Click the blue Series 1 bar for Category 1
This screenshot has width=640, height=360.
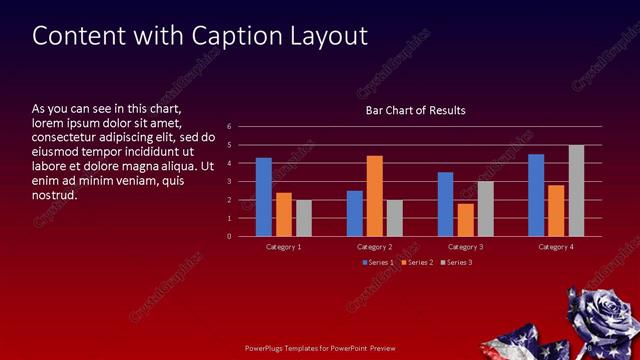tap(263, 197)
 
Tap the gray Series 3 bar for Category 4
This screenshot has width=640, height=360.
tap(576, 191)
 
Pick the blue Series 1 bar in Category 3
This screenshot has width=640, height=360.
tap(445, 204)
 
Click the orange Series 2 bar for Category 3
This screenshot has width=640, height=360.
tap(465, 220)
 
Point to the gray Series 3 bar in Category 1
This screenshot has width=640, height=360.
tap(303, 218)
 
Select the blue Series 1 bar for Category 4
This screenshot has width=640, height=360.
tap(536, 195)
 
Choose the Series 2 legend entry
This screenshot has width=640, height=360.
tap(415, 262)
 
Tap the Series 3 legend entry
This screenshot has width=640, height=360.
tap(455, 262)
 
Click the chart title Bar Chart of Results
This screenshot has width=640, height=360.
tap(414, 110)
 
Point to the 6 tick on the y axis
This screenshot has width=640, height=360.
tap(229, 127)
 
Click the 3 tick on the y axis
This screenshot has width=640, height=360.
tap(229, 182)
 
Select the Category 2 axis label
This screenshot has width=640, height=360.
tap(374, 246)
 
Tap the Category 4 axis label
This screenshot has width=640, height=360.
tap(556, 246)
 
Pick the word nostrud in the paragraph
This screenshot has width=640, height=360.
tap(54, 194)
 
